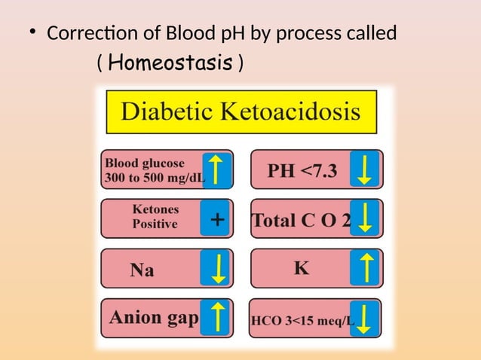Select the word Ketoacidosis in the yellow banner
point(291,113)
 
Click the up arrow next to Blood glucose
point(216,169)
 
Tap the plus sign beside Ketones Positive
point(216,220)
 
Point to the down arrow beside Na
point(216,269)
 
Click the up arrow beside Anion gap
point(216,318)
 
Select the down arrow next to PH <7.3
point(366,169)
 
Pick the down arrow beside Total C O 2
point(366,219)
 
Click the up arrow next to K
point(366,269)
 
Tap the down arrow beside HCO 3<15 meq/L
point(366,318)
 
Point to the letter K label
point(301,268)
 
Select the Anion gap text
point(154,317)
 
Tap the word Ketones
point(155,210)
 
